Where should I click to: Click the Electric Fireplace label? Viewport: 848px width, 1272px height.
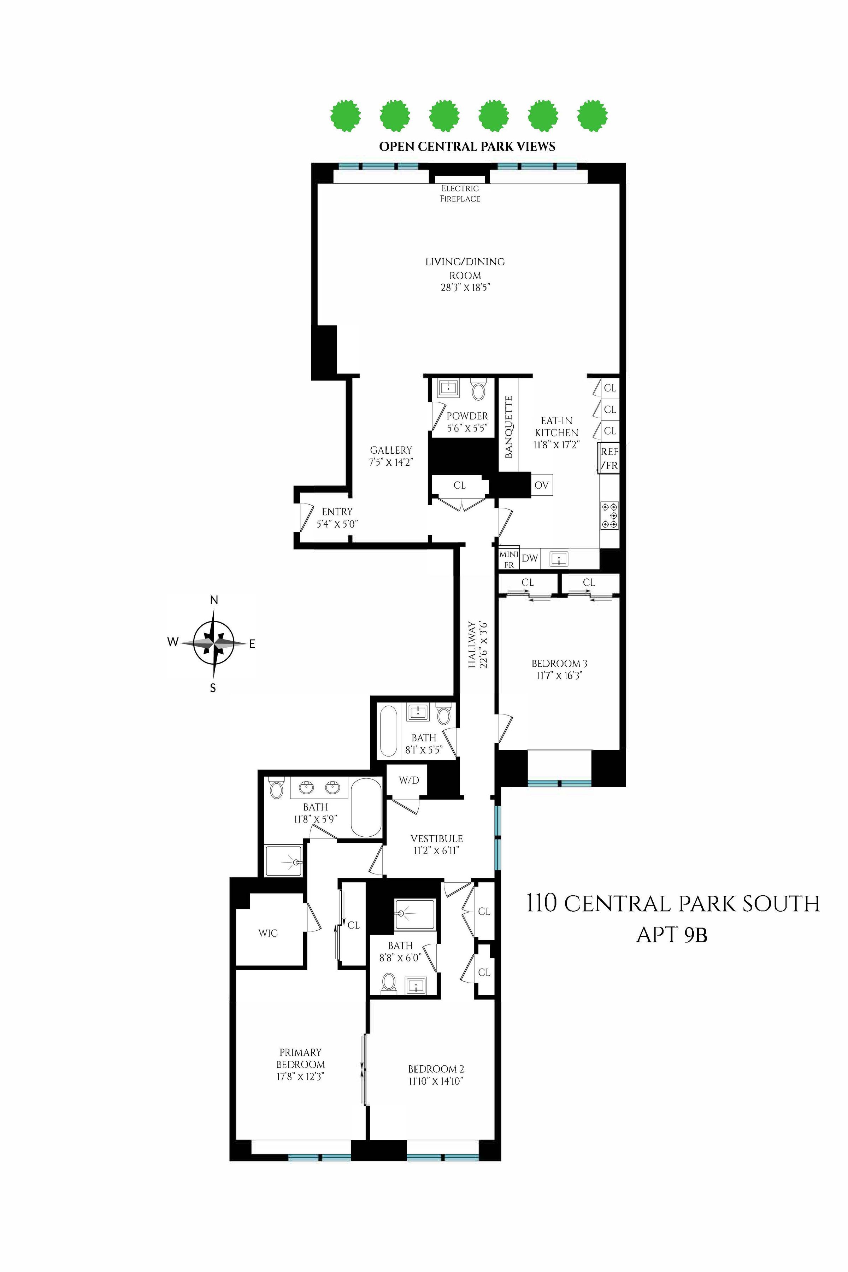460,193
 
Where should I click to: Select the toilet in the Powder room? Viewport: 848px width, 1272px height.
478,390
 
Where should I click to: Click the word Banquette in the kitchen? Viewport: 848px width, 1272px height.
508,427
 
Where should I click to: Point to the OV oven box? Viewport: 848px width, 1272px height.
541,485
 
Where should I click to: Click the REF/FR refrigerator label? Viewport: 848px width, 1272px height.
609,458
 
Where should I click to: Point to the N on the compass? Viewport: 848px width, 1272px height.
214,600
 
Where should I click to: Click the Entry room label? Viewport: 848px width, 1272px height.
337,512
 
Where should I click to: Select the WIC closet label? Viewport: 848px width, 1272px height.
268,932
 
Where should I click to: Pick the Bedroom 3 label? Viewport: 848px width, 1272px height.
559,664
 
